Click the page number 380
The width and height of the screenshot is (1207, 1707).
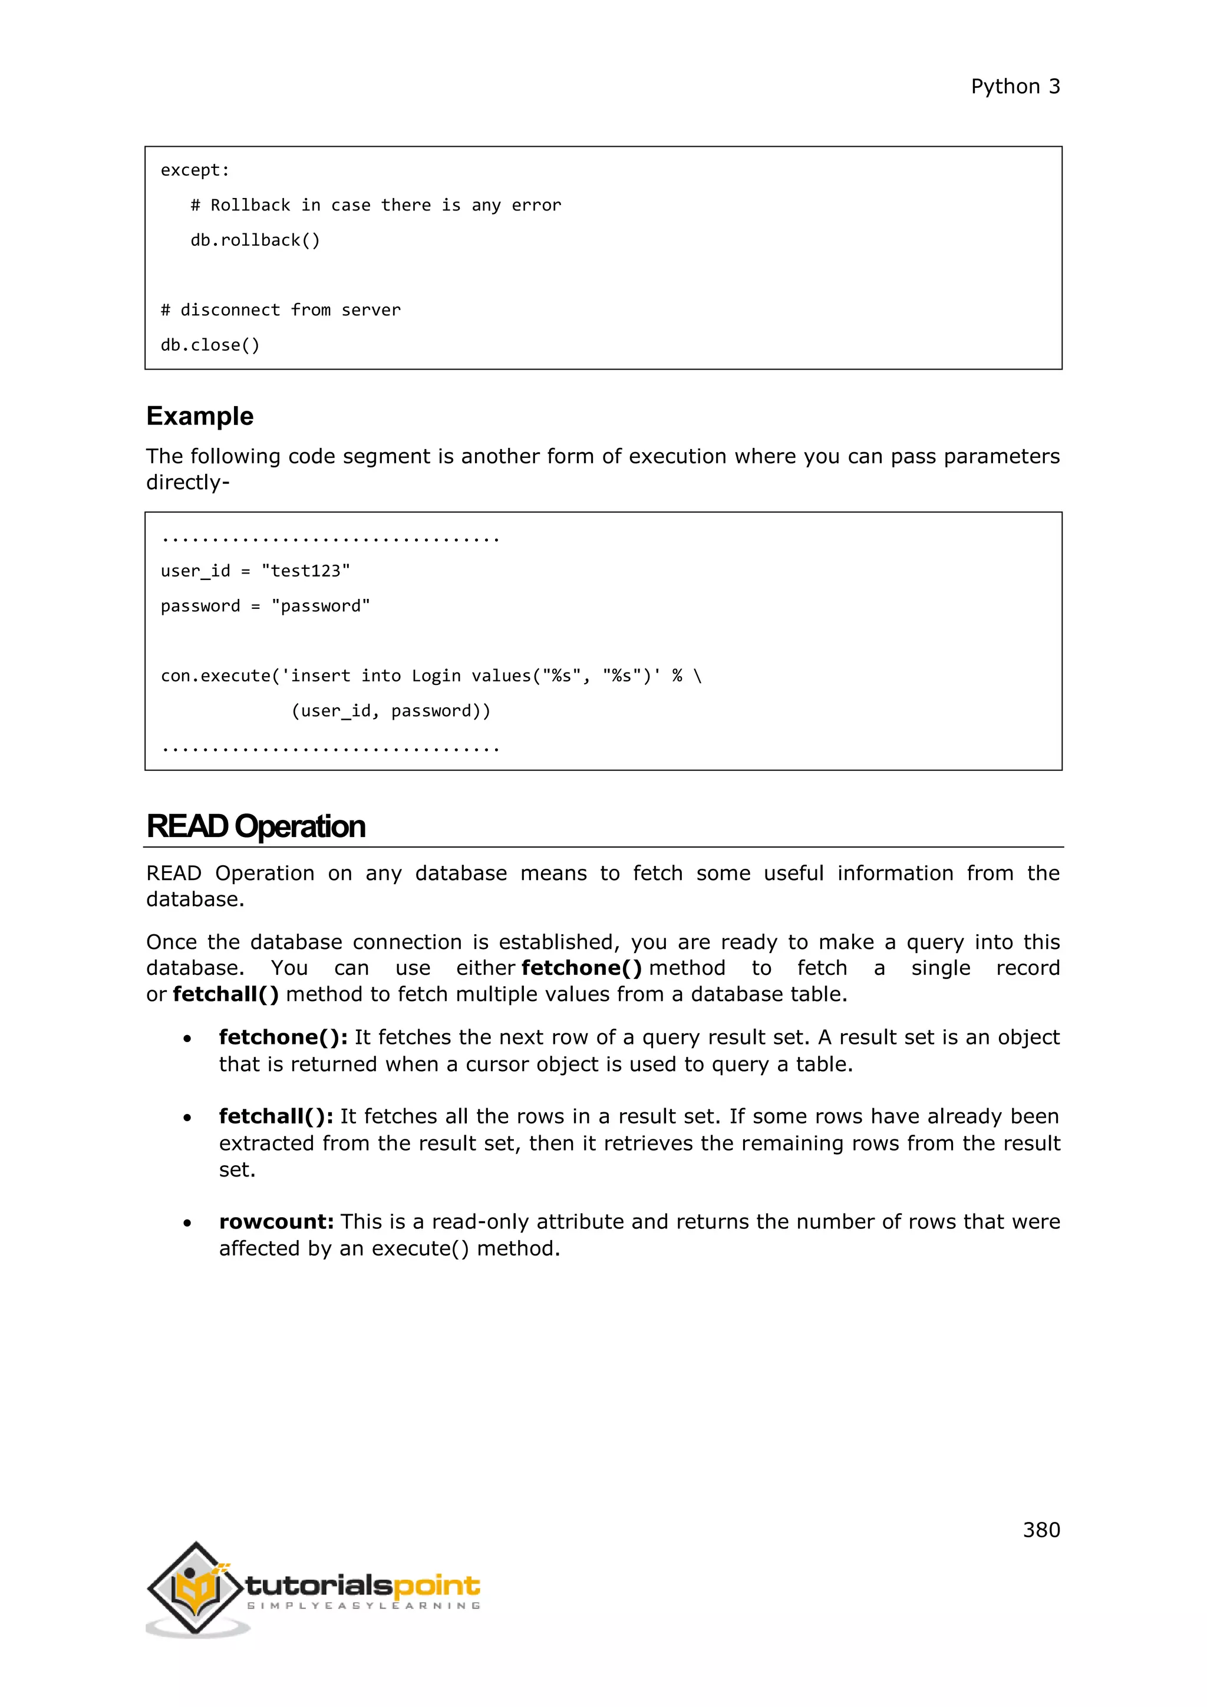click(1041, 1530)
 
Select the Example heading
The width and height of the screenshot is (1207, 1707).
click(199, 416)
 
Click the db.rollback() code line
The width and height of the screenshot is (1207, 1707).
click(255, 240)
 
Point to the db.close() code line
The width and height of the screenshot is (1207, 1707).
click(210, 345)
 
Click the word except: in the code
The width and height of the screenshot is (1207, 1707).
click(194, 170)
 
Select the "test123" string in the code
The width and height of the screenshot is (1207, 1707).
click(305, 571)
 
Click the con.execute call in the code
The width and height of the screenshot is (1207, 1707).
click(216, 676)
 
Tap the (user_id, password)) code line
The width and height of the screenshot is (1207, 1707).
click(390, 711)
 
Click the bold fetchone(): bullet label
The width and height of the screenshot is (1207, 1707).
click(283, 1037)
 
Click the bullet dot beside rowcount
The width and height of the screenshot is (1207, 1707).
click(187, 1223)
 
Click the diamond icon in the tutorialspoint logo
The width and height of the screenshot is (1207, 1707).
click(196, 1588)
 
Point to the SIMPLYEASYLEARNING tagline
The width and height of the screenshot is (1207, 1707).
click(364, 1606)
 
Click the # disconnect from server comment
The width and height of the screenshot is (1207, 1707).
click(280, 310)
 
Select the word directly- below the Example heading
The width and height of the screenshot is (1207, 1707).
click(187, 483)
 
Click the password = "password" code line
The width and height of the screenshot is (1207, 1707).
click(265, 606)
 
